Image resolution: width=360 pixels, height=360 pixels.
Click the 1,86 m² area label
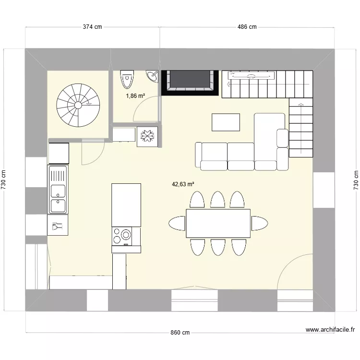pos(135,96)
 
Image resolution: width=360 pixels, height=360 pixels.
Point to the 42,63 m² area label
pos(183,184)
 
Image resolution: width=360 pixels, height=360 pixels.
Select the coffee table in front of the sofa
pos(226,122)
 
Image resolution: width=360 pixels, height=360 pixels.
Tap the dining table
pos(218,223)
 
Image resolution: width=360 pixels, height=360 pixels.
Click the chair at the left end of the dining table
pos(177,223)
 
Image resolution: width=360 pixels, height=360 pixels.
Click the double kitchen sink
pos(58,189)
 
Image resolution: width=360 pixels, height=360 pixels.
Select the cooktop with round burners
pos(122,235)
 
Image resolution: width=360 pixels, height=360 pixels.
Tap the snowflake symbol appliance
pos(146,136)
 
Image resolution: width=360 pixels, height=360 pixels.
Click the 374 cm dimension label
pos(93,27)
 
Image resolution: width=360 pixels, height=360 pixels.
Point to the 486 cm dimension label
pos(247,27)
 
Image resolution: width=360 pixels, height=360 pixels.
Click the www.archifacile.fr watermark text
pos(330,330)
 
